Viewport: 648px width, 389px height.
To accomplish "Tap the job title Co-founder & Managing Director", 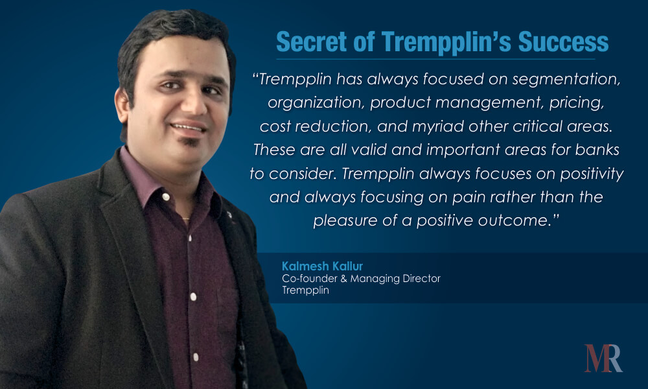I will coord(361,278).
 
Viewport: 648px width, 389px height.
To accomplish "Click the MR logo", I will coord(603,358).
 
